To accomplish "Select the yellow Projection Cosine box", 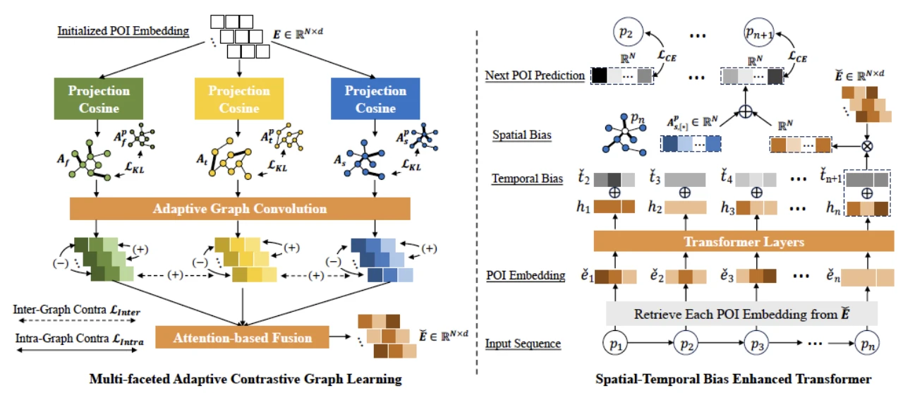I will [238, 99].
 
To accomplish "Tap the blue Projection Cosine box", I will [375, 99].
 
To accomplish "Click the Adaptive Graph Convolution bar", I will [240, 209].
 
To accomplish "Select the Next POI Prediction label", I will [535, 75].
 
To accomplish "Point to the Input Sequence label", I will [523, 344].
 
